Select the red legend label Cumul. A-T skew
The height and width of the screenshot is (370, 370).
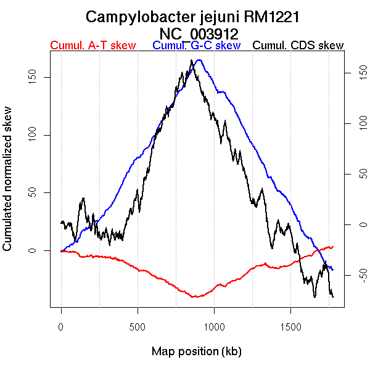(x=92, y=46)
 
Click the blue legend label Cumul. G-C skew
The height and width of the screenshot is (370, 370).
(x=196, y=46)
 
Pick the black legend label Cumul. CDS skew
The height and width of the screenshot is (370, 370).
(x=298, y=46)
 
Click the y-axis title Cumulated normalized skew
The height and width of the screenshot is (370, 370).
(x=8, y=186)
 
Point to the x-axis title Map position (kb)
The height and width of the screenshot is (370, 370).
(x=196, y=351)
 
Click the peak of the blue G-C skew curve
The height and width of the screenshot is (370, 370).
(x=199, y=60)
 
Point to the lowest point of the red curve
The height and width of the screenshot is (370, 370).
(x=195, y=297)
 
